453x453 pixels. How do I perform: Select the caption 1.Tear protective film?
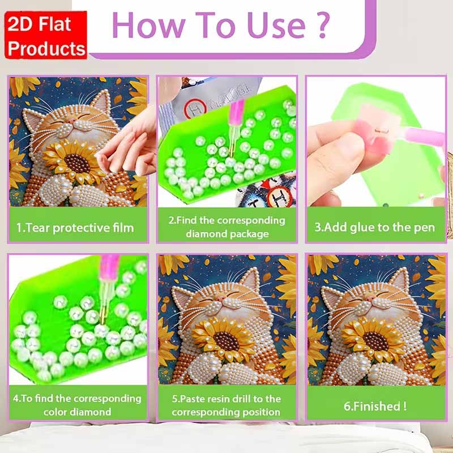pos(75,228)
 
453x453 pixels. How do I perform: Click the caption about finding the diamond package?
pos(226,226)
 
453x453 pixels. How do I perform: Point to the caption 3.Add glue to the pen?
pos(375,228)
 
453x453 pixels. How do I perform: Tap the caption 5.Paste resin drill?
pos(226,405)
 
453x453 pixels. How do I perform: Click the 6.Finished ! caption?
pos(375,405)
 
